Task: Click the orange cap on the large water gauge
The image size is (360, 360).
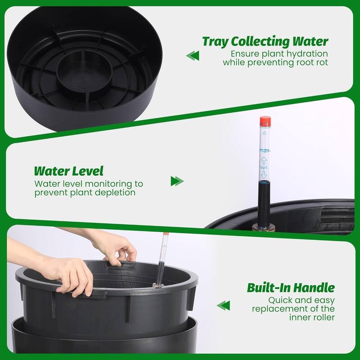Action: coord(265,121)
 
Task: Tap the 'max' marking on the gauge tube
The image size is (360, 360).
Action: coord(265,151)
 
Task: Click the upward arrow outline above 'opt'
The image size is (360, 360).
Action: coord(265,159)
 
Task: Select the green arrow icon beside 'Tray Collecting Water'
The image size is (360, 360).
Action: coord(193,55)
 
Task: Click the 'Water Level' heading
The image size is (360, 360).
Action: coord(68,171)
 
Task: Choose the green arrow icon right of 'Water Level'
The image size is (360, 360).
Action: coord(177,181)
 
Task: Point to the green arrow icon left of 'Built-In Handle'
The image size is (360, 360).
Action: coord(223,306)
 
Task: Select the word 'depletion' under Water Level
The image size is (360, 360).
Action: coord(117,193)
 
